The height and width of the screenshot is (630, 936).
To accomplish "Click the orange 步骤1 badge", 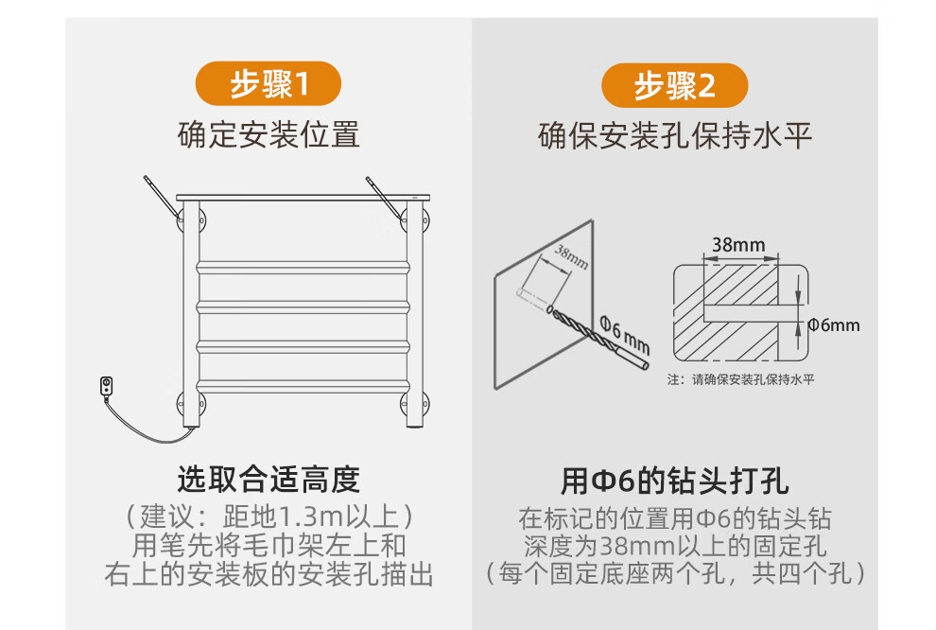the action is coord(268,83).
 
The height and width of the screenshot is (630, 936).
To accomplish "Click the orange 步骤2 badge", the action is coord(674,85).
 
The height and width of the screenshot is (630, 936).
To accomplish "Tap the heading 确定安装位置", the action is coord(269,134).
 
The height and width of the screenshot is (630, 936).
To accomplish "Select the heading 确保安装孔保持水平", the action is coord(675,135).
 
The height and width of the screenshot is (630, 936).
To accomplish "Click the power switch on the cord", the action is coord(106,386).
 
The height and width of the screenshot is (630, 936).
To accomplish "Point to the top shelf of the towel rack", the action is coord(303,197).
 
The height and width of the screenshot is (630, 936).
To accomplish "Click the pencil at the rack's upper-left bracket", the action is coord(161,195).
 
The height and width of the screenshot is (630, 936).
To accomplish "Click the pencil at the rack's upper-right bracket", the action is coord(384,195).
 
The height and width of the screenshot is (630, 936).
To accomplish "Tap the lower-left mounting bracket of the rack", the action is coord(191,404).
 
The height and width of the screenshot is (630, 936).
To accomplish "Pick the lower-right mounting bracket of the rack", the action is coord(414,404).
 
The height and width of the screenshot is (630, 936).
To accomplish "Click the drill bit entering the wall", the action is coord(598,337).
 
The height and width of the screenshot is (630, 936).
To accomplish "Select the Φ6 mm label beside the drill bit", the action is coord(625,335).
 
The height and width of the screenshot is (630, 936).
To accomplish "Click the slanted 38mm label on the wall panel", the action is coord(571,256).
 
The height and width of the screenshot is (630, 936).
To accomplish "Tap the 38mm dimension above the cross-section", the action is coord(738,244).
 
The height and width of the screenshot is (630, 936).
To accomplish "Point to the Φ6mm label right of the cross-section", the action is coord(834,324).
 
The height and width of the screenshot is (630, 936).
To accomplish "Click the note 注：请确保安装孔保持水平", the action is coord(741,379).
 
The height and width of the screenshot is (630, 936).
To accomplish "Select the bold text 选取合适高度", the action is coord(269,480).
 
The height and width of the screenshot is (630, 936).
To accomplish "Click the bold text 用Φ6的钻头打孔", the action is coord(674,481).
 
